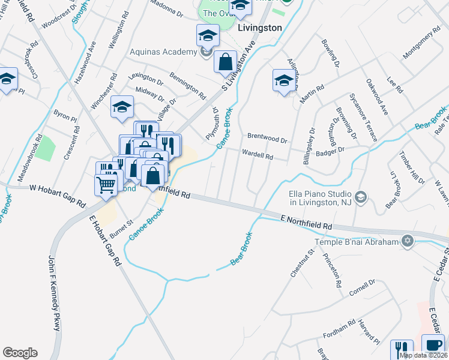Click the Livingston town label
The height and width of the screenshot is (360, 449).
point(259,28)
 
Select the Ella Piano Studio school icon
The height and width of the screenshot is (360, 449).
point(361,197)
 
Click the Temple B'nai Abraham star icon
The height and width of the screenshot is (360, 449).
point(408,241)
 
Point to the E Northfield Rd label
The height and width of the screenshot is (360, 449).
point(306,221)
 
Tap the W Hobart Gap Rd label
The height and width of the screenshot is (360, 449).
point(55,189)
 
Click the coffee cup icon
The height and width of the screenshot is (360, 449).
point(434,346)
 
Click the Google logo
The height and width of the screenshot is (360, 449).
point(20,353)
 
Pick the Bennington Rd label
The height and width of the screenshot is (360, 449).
point(188,86)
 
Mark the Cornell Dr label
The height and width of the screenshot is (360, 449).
point(363,287)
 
